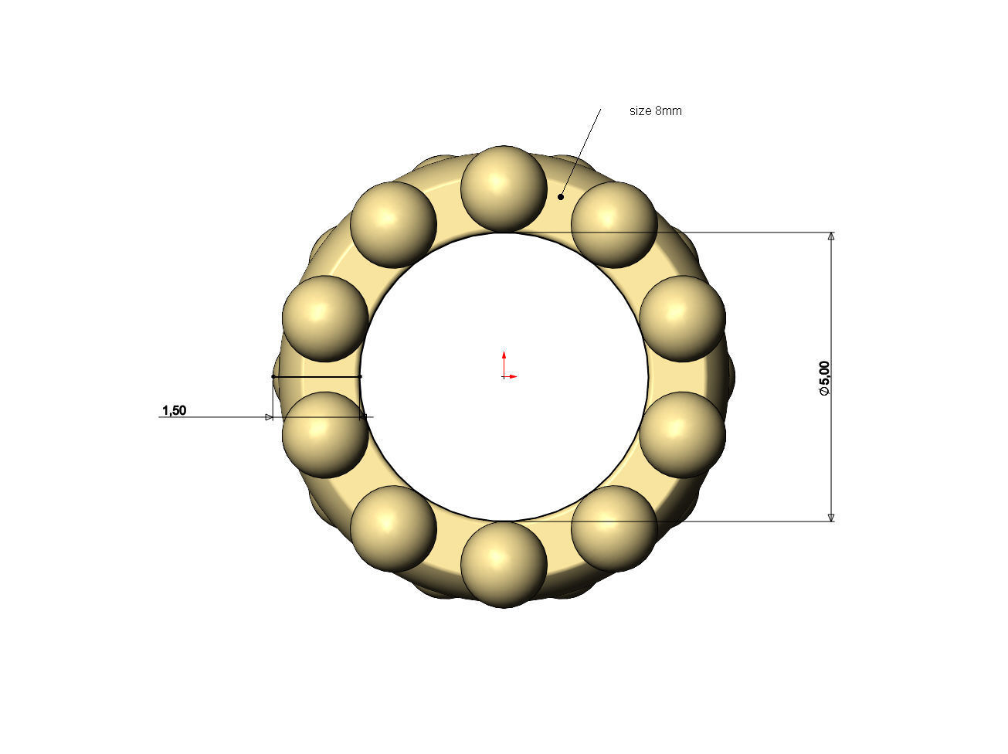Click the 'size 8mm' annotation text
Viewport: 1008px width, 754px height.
pyautogui.click(x=655, y=111)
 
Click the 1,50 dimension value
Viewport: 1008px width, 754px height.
pyautogui.click(x=174, y=410)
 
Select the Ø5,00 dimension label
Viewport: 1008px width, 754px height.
pyautogui.click(x=824, y=379)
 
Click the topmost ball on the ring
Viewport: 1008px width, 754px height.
pyautogui.click(x=504, y=188)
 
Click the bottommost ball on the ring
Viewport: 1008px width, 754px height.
pyautogui.click(x=504, y=564)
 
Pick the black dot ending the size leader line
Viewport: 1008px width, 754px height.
pyautogui.click(x=561, y=197)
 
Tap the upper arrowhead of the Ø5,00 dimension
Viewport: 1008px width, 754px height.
pyautogui.click(x=831, y=236)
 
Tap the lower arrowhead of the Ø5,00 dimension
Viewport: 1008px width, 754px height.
pyautogui.click(x=831, y=517)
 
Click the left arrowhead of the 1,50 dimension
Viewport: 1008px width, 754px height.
pyautogui.click(x=269, y=417)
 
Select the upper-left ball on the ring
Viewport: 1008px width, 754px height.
pyautogui.click(x=393, y=225)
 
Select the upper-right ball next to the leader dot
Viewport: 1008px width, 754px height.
pyautogui.click(x=614, y=225)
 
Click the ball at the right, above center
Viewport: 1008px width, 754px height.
pyautogui.click(x=682, y=318)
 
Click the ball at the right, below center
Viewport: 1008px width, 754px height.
pyautogui.click(x=682, y=434)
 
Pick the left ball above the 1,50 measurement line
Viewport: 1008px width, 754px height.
pyautogui.click(x=325, y=318)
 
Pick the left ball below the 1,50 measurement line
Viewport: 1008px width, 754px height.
pyautogui.click(x=325, y=434)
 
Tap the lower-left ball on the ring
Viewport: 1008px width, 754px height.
pyautogui.click(x=393, y=528)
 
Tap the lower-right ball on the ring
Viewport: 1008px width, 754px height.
pyautogui.click(x=614, y=528)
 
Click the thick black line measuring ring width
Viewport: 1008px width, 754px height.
pyautogui.click(x=317, y=376)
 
